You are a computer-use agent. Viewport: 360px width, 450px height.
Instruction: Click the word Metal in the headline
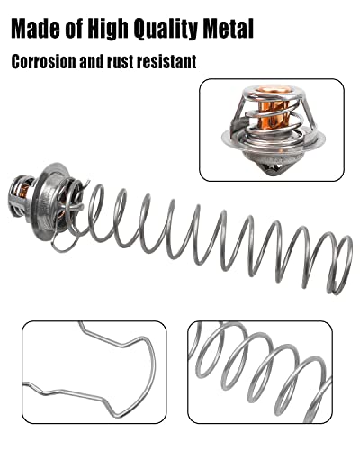click(x=229, y=29)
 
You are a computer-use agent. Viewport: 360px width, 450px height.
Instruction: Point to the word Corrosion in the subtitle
click(x=43, y=61)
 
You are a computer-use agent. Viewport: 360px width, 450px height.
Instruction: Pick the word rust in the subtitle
click(x=120, y=62)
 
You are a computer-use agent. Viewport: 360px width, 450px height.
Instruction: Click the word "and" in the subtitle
click(x=92, y=61)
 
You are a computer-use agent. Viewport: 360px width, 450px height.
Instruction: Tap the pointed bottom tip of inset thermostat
click(x=272, y=176)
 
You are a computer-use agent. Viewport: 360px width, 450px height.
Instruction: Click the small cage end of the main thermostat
click(x=21, y=195)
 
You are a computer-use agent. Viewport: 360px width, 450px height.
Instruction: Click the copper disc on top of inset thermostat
click(x=272, y=92)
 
